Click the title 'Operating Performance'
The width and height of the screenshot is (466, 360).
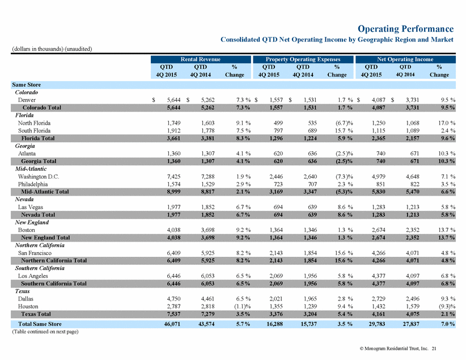tap(405, 29)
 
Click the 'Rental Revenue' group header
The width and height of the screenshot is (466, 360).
tap(201, 59)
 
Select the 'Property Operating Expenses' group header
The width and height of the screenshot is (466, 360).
tap(303, 59)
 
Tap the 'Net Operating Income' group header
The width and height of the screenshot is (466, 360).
tap(405, 59)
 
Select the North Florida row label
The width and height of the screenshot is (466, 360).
tap(34, 123)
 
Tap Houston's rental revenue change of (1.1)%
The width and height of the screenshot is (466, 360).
tap(243, 307)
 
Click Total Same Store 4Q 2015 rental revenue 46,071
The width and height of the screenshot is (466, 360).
tap(172, 324)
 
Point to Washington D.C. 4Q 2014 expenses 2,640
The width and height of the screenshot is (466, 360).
tap(310, 176)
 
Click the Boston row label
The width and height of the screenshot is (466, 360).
tap(27, 230)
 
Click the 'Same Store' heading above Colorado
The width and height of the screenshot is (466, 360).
tap(27, 84)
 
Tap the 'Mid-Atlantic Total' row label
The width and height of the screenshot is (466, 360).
tap(45, 192)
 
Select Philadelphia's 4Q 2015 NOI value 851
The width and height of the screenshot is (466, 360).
tap(380, 184)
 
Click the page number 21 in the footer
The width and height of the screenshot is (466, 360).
tap(434, 349)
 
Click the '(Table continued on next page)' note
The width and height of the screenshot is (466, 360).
tap(45, 332)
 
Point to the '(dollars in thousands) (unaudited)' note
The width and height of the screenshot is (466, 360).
tap(52, 49)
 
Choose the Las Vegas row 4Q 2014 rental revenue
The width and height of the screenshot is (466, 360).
tap(207, 207)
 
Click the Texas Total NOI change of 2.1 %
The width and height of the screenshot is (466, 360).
tap(448, 314)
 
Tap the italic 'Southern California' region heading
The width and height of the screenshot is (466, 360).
tap(40, 268)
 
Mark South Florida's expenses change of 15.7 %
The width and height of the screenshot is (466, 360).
tap(344, 131)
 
